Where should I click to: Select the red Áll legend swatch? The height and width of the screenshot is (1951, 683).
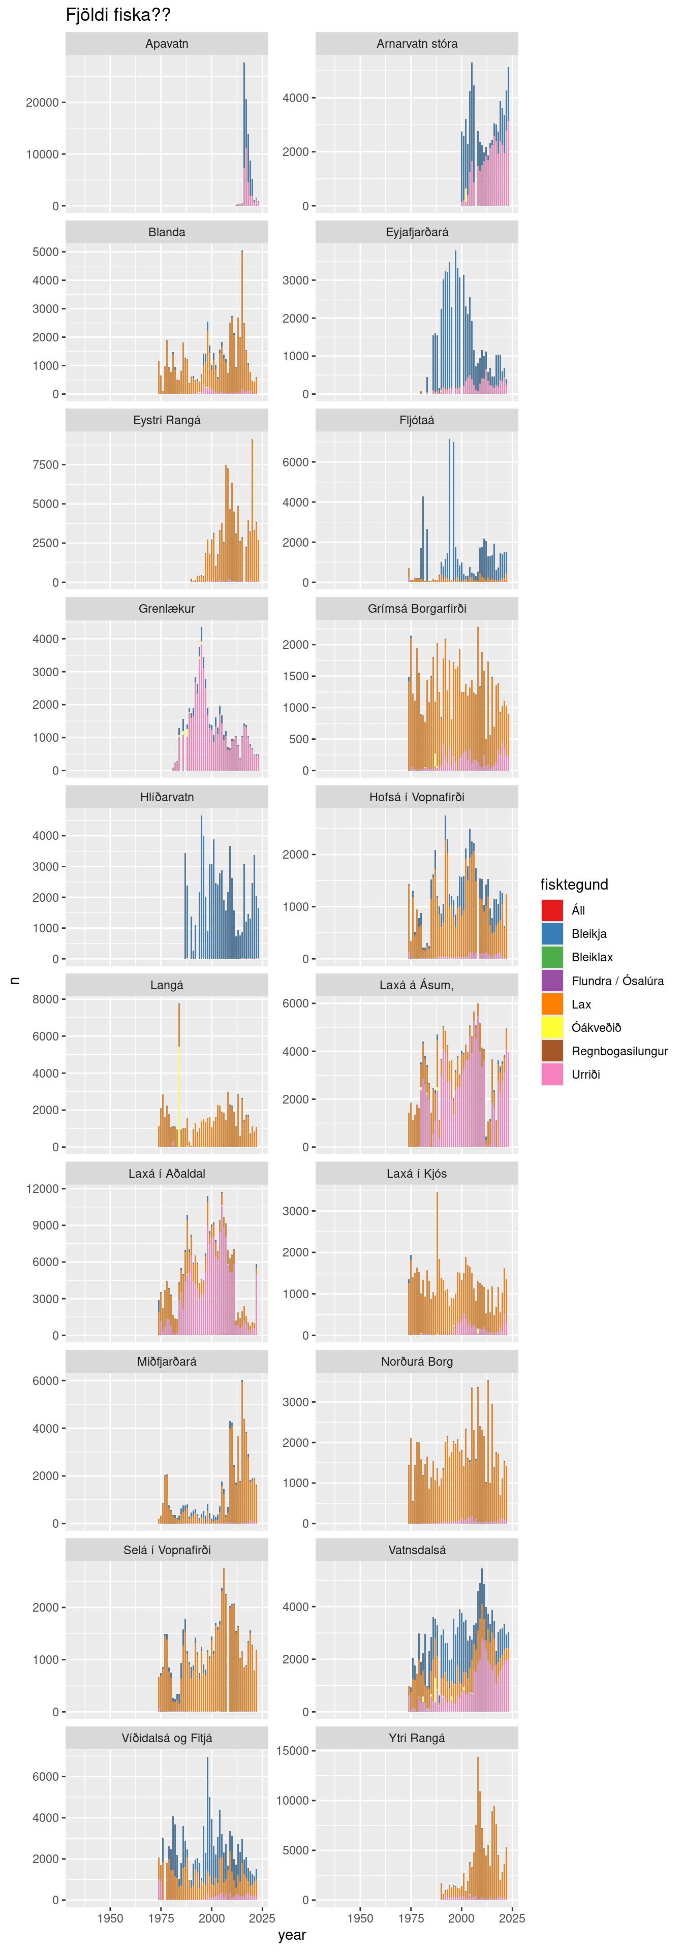pyautogui.click(x=552, y=909)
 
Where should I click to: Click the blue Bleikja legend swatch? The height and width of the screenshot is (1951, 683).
pyautogui.click(x=552, y=933)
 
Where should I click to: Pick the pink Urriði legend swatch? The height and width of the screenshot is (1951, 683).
pyautogui.click(x=552, y=1074)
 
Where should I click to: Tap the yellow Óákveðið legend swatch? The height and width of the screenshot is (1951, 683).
pyautogui.click(x=552, y=1027)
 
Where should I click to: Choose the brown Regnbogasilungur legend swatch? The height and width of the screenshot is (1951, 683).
pyautogui.click(x=552, y=1051)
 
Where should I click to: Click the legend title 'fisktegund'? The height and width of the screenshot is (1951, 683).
pyautogui.click(x=574, y=884)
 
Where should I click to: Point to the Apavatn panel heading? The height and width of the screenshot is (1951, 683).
pyautogui.click(x=167, y=44)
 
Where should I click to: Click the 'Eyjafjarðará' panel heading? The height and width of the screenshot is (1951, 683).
pyautogui.click(x=417, y=232)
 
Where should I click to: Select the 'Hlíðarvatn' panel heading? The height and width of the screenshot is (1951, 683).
pyautogui.click(x=167, y=797)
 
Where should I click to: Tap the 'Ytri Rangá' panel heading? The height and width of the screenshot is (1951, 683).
pyautogui.click(x=417, y=1738)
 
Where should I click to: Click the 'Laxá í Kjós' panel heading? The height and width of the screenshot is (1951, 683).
pyautogui.click(x=417, y=1173)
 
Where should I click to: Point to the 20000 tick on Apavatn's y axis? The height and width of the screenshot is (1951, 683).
pyautogui.click(x=42, y=102)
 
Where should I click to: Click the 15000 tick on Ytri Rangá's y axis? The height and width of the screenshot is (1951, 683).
pyautogui.click(x=292, y=1750)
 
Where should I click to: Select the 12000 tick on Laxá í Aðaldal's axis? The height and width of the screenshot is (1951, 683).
pyautogui.click(x=42, y=1188)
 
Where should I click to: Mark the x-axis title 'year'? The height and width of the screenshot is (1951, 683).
pyautogui.click(x=292, y=1934)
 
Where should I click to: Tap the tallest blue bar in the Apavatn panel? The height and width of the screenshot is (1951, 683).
pyautogui.click(x=244, y=114)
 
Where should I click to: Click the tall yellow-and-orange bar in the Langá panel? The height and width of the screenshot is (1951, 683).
pyautogui.click(x=179, y=1076)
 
